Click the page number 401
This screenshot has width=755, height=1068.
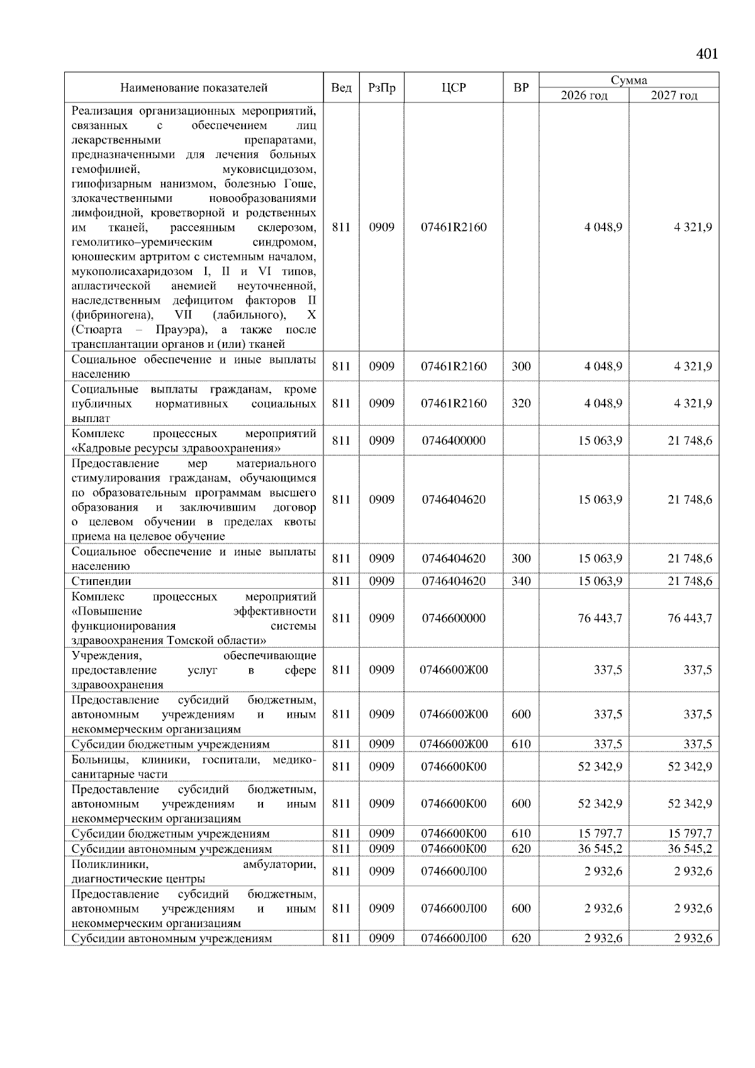point(707,54)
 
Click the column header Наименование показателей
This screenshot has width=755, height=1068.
point(194,88)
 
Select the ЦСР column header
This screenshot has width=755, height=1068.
point(454,88)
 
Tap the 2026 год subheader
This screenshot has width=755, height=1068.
point(584,96)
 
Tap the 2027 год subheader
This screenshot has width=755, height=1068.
point(674,96)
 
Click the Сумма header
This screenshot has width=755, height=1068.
point(629,81)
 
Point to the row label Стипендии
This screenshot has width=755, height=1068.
point(101,581)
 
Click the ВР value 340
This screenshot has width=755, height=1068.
point(521,581)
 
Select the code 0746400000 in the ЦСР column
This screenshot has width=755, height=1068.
point(454,441)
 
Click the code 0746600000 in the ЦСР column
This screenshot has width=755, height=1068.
point(454,618)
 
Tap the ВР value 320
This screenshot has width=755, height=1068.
point(521,404)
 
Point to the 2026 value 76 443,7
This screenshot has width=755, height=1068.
point(600,618)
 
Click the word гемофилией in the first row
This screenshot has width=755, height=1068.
point(105,169)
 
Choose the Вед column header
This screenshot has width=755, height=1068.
point(341,88)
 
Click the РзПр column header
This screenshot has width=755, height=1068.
point(381,88)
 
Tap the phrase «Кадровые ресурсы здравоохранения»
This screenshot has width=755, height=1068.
point(176,448)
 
